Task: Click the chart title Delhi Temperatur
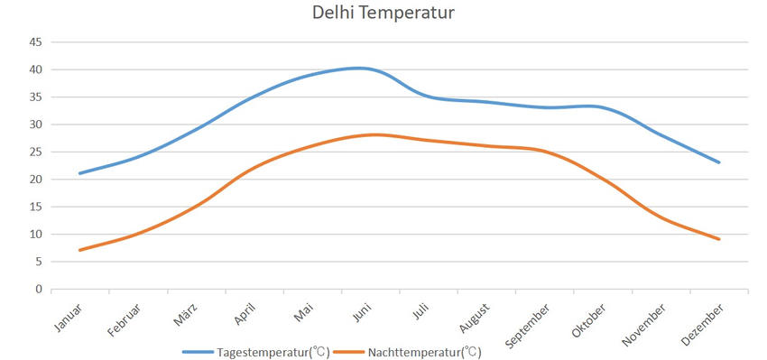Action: click(x=383, y=14)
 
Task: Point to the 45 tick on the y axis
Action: click(x=36, y=42)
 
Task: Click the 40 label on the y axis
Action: click(x=36, y=69)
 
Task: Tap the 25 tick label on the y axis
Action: click(x=36, y=152)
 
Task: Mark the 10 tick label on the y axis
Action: click(x=36, y=235)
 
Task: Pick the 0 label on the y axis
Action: click(x=39, y=290)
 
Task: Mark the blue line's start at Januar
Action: click(x=80, y=173)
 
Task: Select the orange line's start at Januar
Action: click(x=80, y=250)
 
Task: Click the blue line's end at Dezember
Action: click(x=719, y=162)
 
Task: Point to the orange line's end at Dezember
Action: click(x=719, y=239)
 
